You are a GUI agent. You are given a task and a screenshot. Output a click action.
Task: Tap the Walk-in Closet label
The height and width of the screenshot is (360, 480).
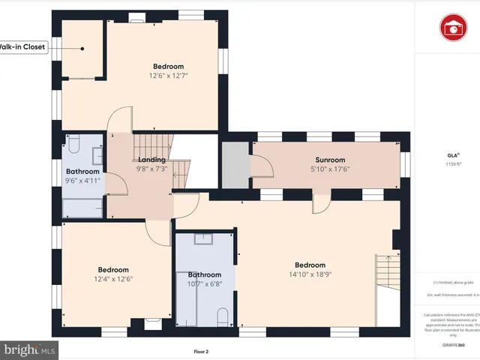(22, 47)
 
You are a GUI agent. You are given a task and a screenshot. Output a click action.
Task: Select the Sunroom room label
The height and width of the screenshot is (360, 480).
(330, 160)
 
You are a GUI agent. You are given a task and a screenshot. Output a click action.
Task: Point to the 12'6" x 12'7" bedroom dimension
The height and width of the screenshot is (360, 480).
(169, 75)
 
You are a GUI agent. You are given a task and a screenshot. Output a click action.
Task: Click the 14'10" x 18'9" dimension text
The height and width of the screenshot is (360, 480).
(310, 274)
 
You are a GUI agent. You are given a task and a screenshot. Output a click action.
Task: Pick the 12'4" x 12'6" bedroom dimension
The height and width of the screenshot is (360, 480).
(113, 279)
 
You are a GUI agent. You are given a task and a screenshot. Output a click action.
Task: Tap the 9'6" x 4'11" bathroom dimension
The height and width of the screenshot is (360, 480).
(82, 180)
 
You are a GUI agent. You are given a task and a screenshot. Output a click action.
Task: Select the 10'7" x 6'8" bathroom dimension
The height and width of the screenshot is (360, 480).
(205, 283)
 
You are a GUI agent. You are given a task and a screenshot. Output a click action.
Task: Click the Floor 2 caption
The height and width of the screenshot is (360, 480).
(201, 351)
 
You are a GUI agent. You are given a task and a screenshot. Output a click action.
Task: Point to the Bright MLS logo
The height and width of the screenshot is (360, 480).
(29, 349)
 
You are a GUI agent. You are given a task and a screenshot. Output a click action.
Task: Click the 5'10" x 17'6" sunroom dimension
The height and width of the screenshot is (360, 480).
(330, 169)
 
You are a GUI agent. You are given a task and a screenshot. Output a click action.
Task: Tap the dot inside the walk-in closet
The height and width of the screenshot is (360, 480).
(82, 49)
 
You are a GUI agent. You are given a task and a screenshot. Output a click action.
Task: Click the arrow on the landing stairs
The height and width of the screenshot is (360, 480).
(178, 178)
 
